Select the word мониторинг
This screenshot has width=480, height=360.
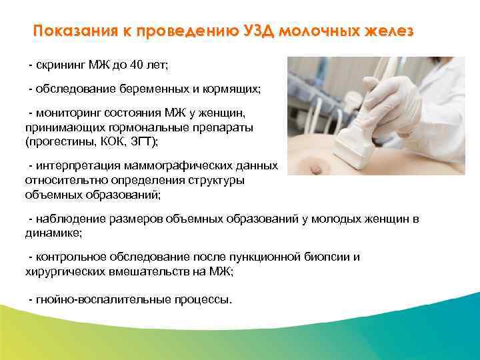tap(69, 115)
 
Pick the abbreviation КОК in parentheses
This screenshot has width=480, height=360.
tap(105, 141)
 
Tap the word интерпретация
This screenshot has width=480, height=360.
tap(75, 166)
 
